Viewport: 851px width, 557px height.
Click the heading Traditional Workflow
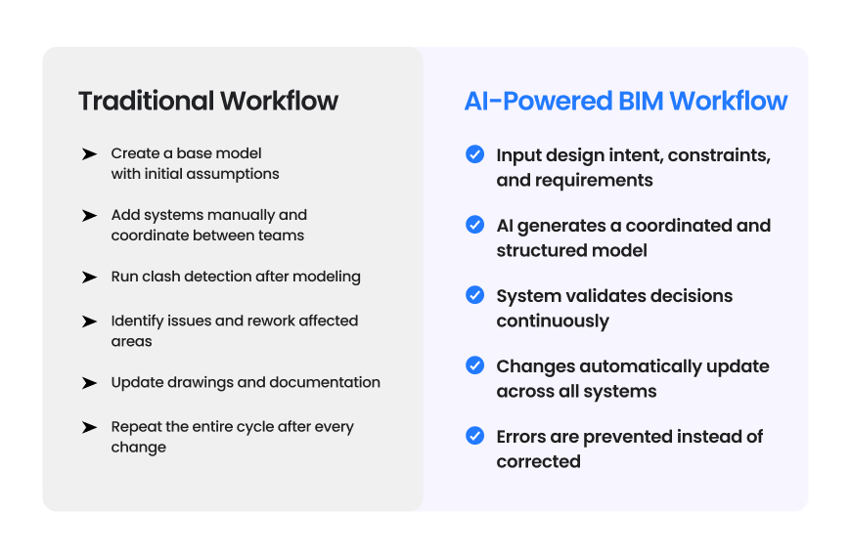[x=208, y=101]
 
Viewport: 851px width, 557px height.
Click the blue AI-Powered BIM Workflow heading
[x=626, y=101]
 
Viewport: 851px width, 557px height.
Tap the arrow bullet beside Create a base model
[x=89, y=154]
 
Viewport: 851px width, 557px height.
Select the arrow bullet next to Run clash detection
[x=89, y=278]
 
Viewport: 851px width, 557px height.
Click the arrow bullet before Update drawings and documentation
[x=89, y=383]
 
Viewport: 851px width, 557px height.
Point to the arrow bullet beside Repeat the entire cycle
[x=89, y=428]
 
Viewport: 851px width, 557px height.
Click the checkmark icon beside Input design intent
[x=474, y=154]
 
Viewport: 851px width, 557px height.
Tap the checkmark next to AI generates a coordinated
[x=474, y=225]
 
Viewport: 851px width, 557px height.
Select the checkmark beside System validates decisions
[x=474, y=295]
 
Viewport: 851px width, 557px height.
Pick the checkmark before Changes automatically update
[x=474, y=365]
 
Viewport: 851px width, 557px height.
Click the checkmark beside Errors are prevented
[x=474, y=436]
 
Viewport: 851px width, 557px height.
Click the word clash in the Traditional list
[x=161, y=277]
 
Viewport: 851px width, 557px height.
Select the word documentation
[x=331, y=382]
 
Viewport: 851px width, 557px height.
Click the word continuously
[x=553, y=321]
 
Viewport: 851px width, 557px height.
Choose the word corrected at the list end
[x=538, y=461]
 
